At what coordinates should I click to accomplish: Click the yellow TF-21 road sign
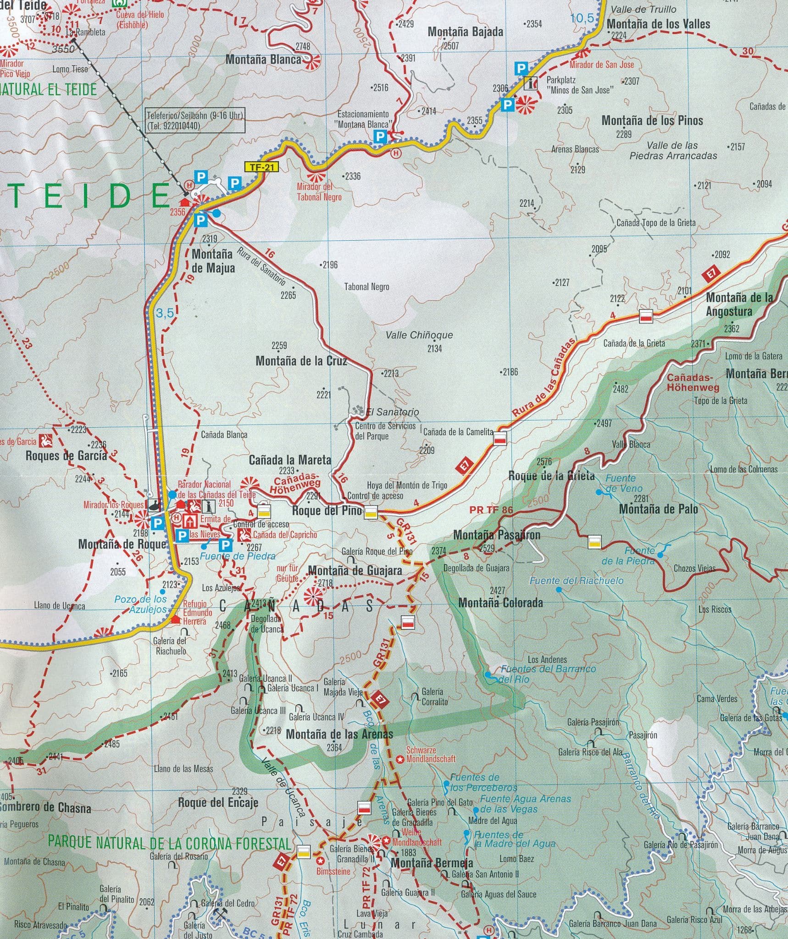coord(262,167)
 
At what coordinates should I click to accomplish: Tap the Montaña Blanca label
coord(263,59)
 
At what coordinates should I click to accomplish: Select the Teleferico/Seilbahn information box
coord(194,121)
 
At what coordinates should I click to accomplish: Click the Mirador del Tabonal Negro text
coord(319,192)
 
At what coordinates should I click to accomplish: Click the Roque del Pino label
coord(327,511)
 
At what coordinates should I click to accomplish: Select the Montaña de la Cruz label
coord(301,361)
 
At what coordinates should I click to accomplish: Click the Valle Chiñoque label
coord(419,335)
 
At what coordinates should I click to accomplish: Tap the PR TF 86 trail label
coord(491,509)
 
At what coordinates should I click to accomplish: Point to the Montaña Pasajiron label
coord(496,535)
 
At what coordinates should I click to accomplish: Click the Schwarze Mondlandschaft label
coord(430,755)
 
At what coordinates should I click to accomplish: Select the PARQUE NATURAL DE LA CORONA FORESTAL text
coord(170,842)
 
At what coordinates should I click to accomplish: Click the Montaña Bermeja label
coord(432,863)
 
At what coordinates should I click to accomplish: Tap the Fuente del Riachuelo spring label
coord(576,581)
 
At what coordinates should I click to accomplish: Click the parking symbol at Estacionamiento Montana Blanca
coord(380,136)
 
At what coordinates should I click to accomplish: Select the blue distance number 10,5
coord(583,18)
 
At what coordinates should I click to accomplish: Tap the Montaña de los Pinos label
coord(652,121)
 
